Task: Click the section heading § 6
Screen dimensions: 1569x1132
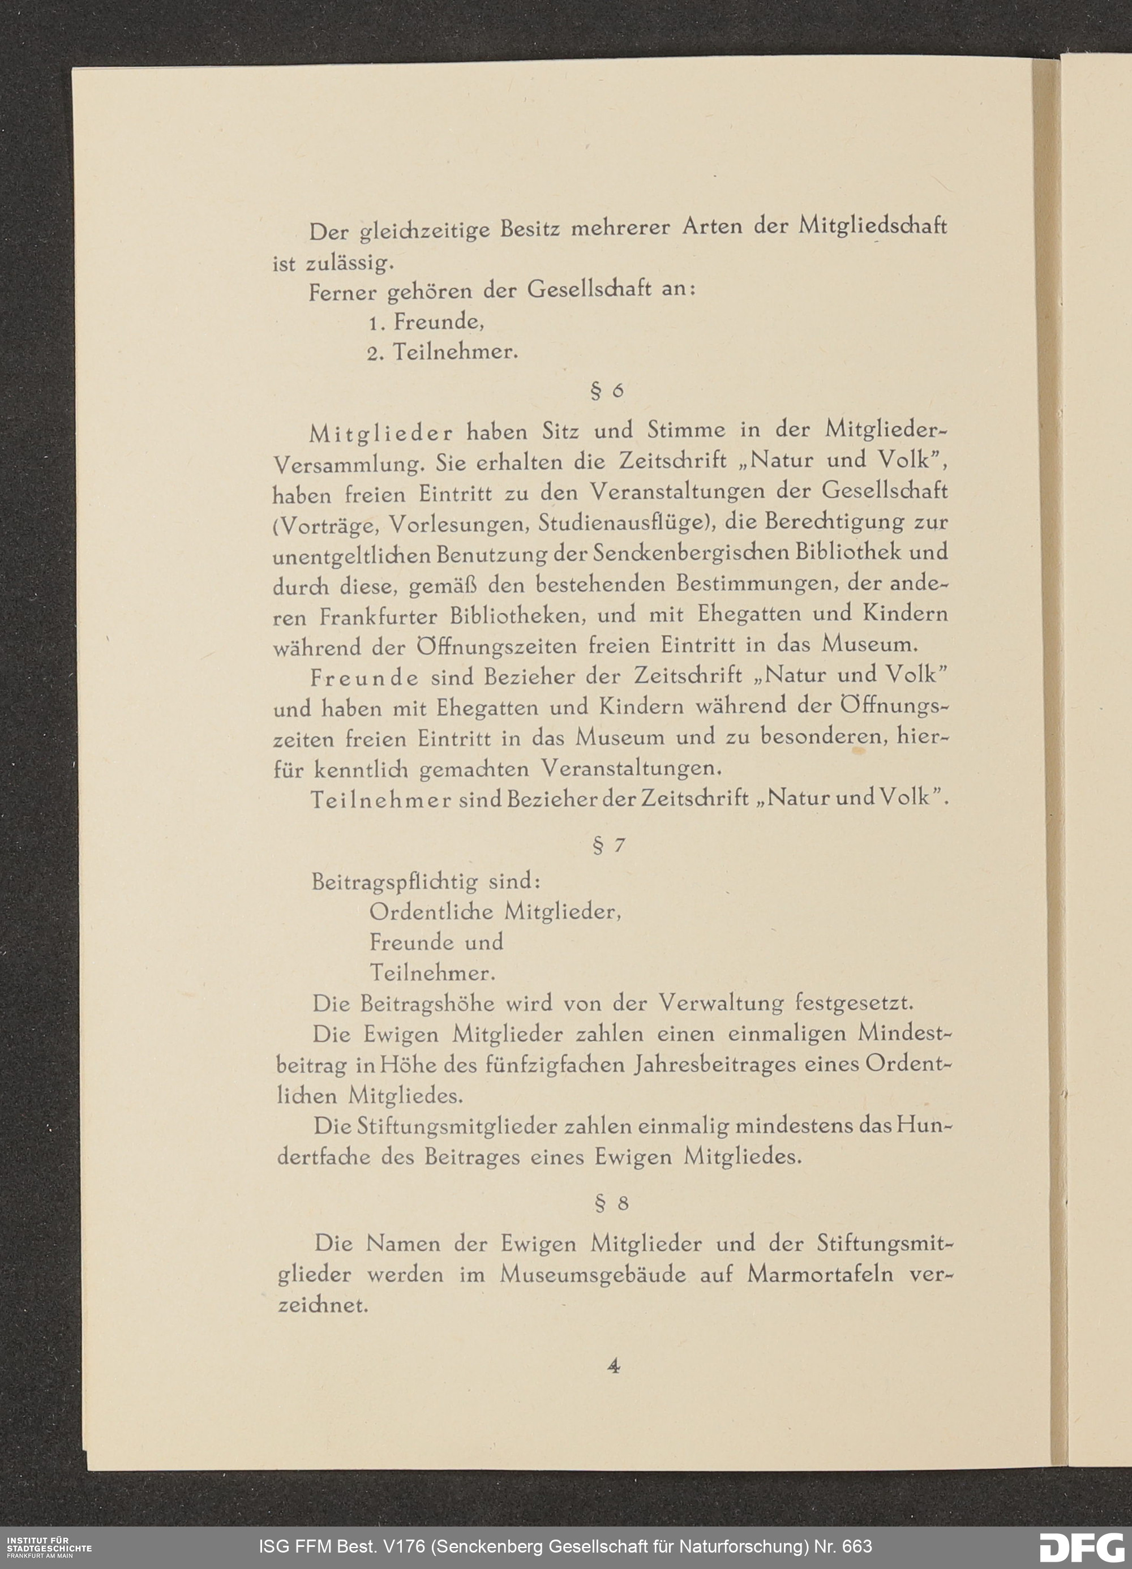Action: (607, 392)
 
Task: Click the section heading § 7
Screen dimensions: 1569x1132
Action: (609, 846)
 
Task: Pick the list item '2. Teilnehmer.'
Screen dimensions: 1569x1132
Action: (442, 353)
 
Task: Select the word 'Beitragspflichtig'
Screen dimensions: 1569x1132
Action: (395, 882)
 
